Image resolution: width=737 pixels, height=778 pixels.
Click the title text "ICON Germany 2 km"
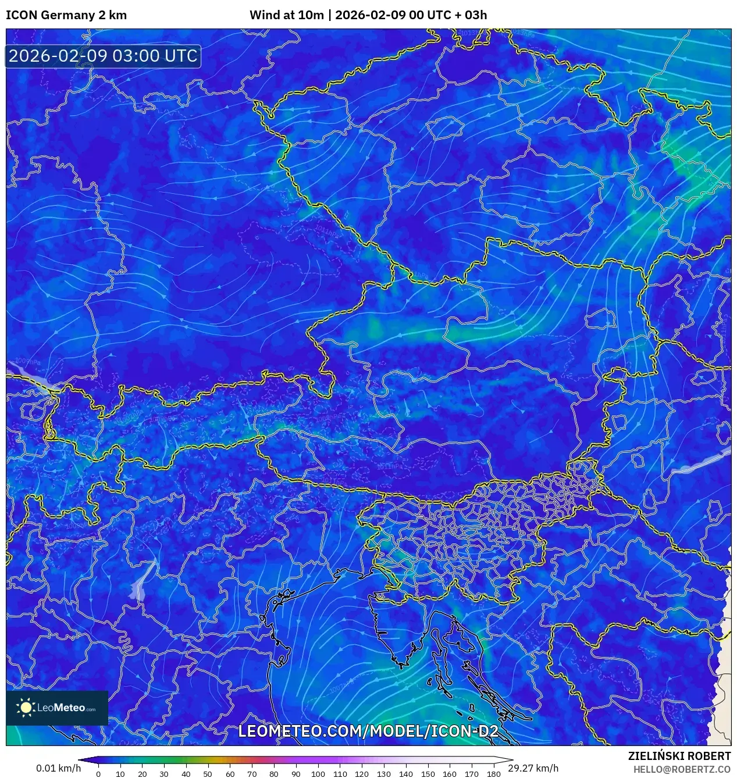click(66, 15)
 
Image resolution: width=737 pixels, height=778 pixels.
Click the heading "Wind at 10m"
click(286, 15)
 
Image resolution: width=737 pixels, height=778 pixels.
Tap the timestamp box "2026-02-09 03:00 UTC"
click(103, 56)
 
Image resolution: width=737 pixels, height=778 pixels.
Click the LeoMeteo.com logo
click(57, 708)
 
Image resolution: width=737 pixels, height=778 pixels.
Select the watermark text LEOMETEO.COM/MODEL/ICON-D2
click(368, 731)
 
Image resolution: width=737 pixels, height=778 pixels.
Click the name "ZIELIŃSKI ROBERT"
click(679, 756)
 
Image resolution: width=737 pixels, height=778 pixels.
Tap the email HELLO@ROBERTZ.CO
click(682, 769)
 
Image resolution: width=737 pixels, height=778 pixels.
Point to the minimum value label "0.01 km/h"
click(58, 768)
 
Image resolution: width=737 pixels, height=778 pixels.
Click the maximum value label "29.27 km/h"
click(533, 768)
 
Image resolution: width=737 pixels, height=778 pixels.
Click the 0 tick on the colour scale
click(98, 774)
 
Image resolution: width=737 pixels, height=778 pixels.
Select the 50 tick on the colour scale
click(208, 774)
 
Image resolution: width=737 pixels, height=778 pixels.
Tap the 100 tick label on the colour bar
click(318, 774)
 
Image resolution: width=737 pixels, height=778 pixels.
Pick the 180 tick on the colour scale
click(493, 774)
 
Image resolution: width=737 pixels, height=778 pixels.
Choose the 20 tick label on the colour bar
click(142, 774)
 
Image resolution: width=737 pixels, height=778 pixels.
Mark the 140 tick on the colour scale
click(405, 774)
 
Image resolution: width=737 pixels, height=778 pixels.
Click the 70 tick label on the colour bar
click(252, 774)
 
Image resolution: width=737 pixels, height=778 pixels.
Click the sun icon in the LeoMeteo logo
click(26, 708)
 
